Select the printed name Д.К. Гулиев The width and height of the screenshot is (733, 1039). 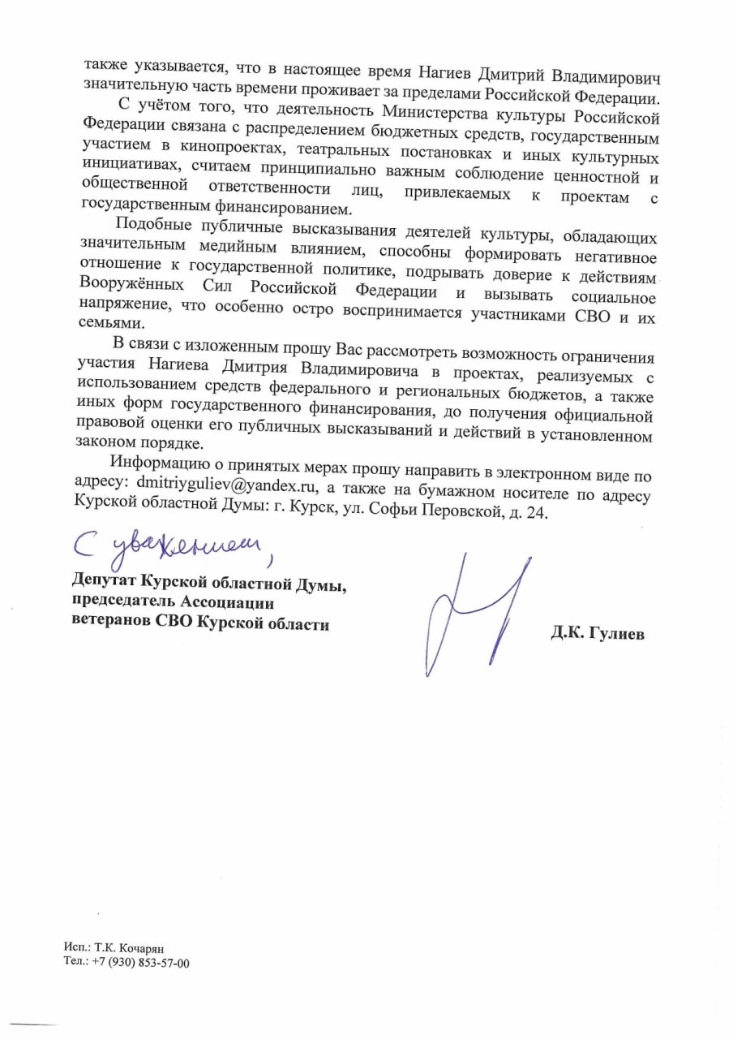click(x=598, y=634)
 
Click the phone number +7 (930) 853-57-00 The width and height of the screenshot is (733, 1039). click(x=141, y=963)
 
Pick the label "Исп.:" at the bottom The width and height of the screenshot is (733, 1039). click(x=78, y=949)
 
